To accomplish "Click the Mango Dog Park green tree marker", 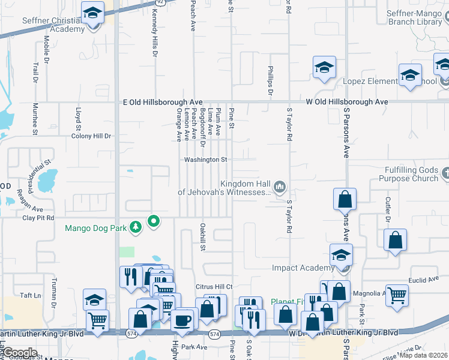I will click(154, 222).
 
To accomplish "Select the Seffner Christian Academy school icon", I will click(92, 14).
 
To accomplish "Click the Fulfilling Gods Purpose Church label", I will click(408, 174).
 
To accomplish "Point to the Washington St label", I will click(205, 160).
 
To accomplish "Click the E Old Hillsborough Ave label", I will click(163, 103).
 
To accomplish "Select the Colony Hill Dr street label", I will click(91, 136).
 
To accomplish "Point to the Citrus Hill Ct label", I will click(212, 287).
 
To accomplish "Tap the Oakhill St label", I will click(203, 236).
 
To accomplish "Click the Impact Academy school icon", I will click(341, 256).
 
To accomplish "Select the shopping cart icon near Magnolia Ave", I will click(397, 295).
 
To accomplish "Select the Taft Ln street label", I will click(29, 295).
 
